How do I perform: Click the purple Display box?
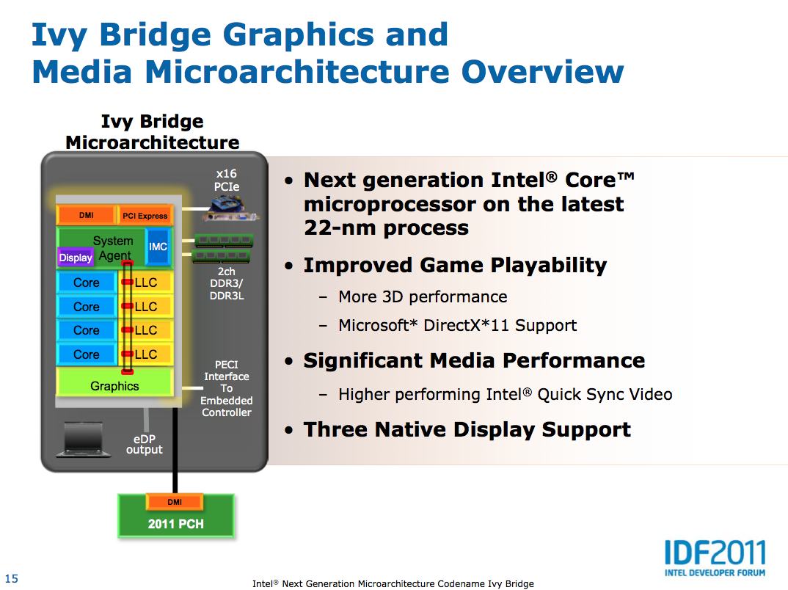click(76, 258)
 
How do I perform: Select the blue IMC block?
click(158, 247)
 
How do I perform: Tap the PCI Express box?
click(145, 216)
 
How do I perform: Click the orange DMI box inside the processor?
click(86, 215)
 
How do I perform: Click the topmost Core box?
click(87, 283)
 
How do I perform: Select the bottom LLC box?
click(146, 354)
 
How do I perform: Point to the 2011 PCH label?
click(176, 524)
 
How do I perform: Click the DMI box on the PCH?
click(175, 502)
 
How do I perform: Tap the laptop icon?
click(84, 440)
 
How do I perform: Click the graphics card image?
click(230, 210)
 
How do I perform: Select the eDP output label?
click(145, 444)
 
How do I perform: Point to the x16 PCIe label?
click(227, 180)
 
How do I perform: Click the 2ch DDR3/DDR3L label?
click(227, 283)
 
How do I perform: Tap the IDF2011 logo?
click(715, 558)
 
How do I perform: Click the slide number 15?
click(12, 578)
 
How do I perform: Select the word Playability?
click(548, 266)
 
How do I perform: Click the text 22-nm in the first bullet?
click(340, 227)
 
